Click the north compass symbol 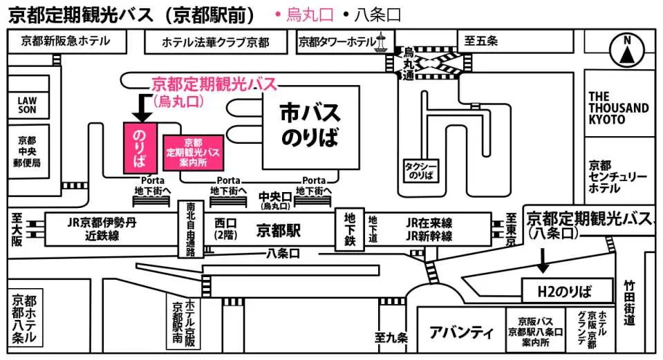pyautogui.click(x=627, y=50)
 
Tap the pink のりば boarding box pyautogui.click(x=140, y=147)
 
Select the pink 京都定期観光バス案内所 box pyautogui.click(x=193, y=153)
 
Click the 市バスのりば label pyautogui.click(x=310, y=124)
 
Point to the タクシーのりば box pyautogui.click(x=422, y=170)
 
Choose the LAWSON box pyautogui.click(x=27, y=104)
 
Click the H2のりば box pyautogui.click(x=566, y=290)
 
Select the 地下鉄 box pyautogui.click(x=349, y=229)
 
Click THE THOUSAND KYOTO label pyautogui.click(x=618, y=108)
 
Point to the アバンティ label pyautogui.click(x=462, y=333)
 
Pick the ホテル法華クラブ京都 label pyautogui.click(x=216, y=42)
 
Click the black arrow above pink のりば pyautogui.click(x=140, y=108)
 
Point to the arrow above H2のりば pyautogui.click(x=543, y=259)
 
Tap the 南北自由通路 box pyautogui.click(x=190, y=229)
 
